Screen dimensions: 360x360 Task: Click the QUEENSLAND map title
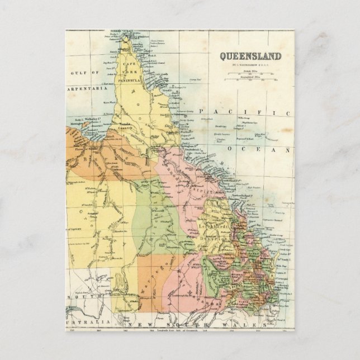click(x=250, y=55)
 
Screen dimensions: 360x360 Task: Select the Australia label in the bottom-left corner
click(x=84, y=323)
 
